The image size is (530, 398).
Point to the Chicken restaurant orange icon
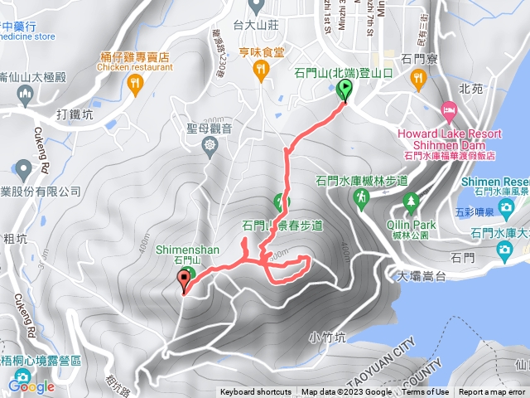pyautogui.click(x=135, y=84)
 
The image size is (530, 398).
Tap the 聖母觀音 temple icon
pyautogui.click(x=210, y=144)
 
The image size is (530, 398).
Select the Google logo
pyautogui.click(x=31, y=386)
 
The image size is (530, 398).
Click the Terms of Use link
pyautogui.click(x=426, y=392)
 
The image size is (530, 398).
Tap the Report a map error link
pyautogui.click(x=493, y=392)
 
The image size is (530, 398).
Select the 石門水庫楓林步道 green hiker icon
pyautogui.click(x=362, y=197)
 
